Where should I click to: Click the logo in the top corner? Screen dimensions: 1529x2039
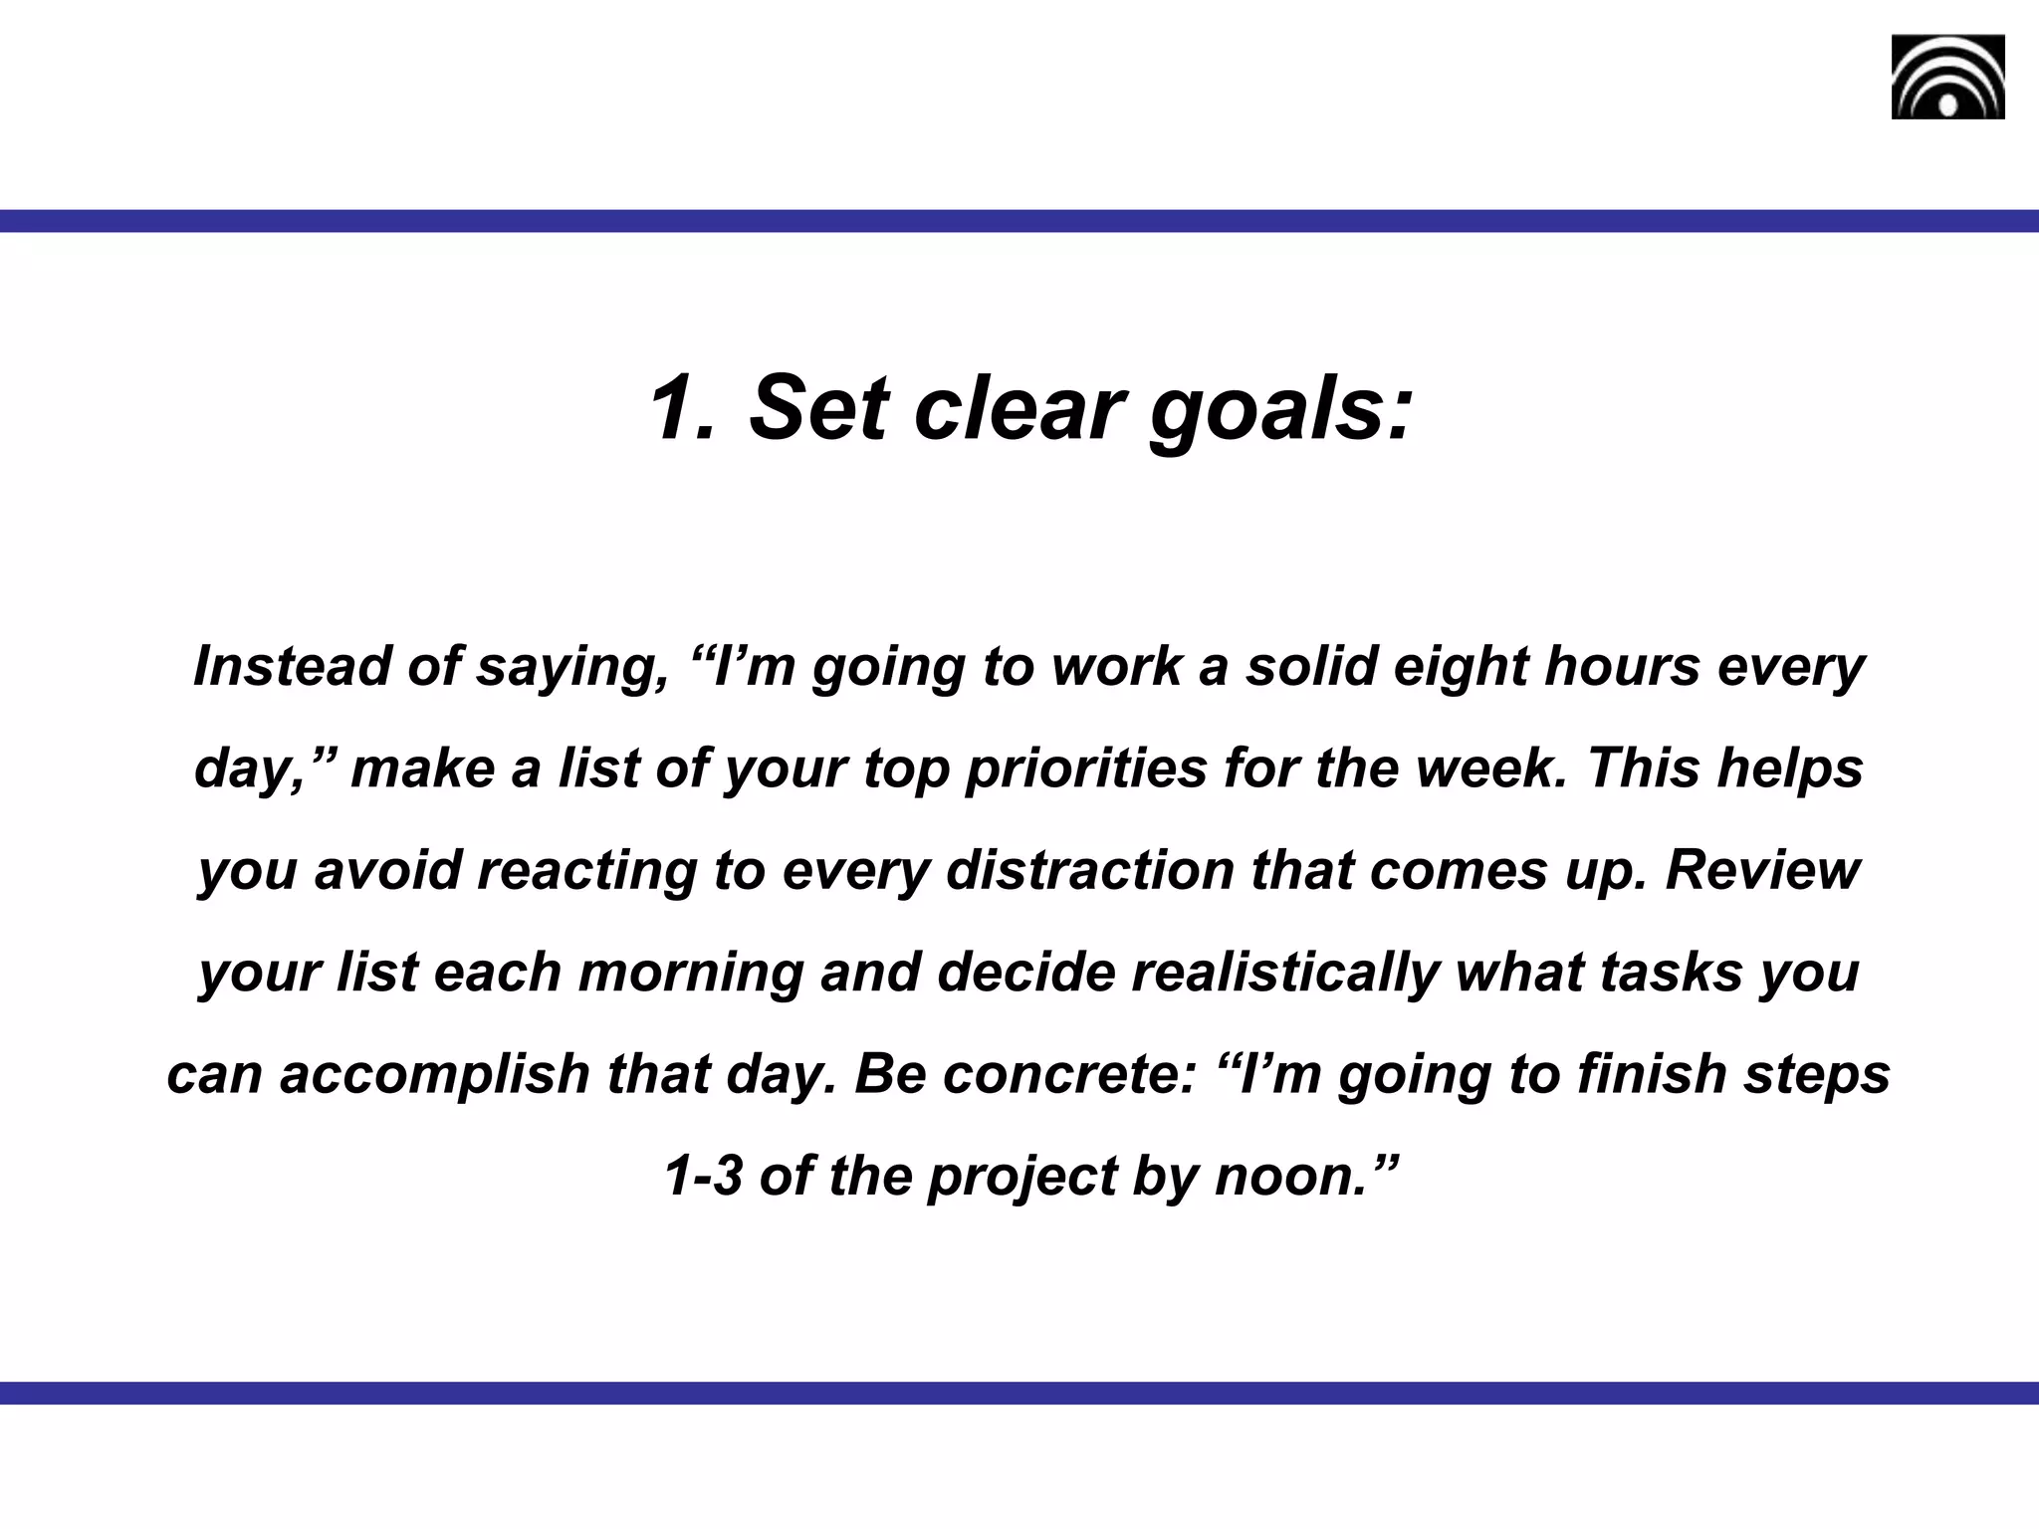pos(1947,77)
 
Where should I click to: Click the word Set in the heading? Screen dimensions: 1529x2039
pos(817,408)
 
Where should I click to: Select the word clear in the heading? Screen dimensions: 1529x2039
pos(1019,408)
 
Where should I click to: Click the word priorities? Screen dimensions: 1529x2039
pos(1086,769)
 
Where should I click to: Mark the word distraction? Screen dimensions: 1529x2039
pos(1090,870)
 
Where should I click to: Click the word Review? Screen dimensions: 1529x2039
pos(1761,870)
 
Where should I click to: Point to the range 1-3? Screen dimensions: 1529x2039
pos(703,1177)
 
